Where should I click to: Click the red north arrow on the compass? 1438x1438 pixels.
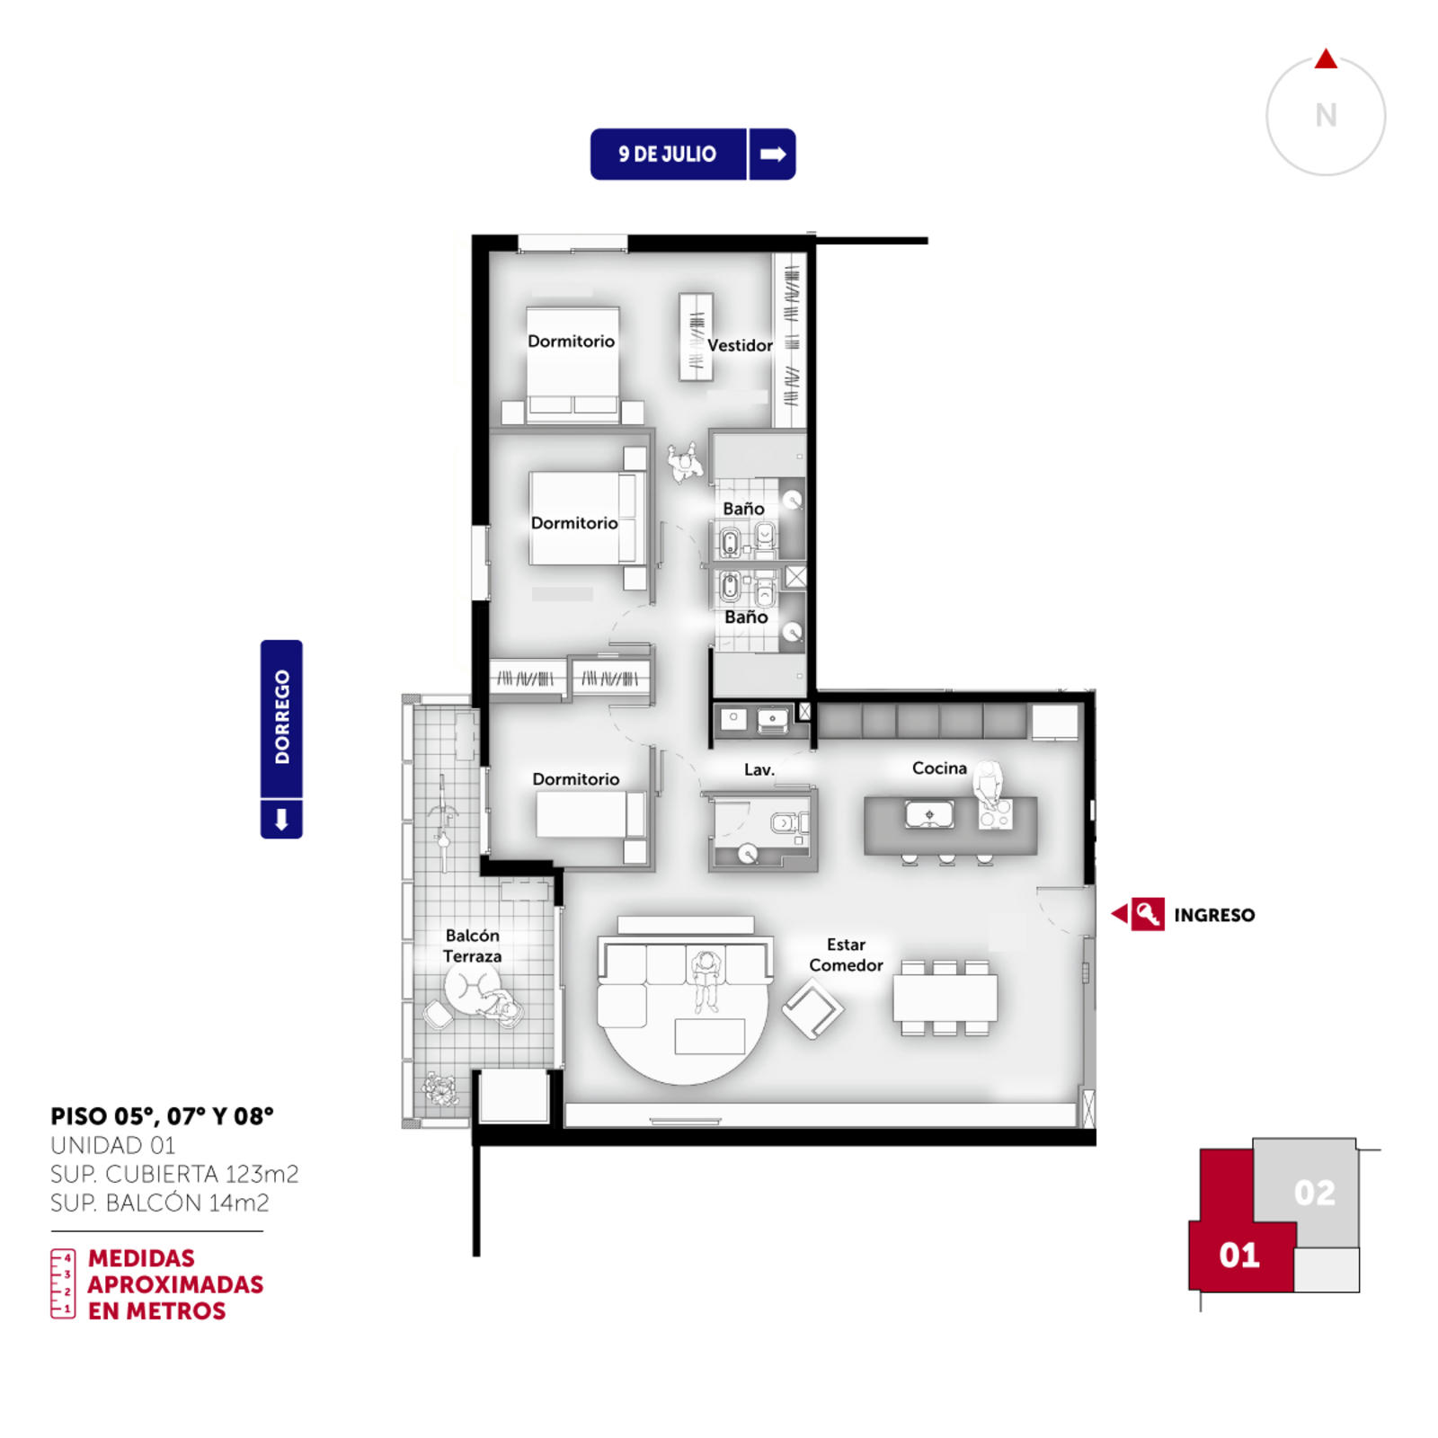pos(1326,59)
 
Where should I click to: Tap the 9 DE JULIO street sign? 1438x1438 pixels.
pos(693,154)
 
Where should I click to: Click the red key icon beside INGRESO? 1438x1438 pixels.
pos(1148,914)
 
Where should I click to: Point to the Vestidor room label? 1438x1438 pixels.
pos(740,345)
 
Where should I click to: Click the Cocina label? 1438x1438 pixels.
pos(939,768)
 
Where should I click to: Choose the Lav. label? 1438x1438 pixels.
pos(759,769)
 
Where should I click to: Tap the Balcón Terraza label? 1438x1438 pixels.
pos(472,945)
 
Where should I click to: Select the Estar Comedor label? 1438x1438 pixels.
pos(846,954)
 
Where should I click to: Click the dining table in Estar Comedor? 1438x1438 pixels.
pos(945,998)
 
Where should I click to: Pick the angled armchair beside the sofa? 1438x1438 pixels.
pos(812,1008)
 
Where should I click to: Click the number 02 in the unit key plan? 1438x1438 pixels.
pos(1314,1193)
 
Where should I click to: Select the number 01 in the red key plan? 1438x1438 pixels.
pos(1239,1255)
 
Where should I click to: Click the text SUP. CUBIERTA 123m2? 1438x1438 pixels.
pos(174,1174)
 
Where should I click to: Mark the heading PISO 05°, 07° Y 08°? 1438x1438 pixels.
pos(162,1116)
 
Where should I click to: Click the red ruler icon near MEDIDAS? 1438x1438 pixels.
pos(63,1283)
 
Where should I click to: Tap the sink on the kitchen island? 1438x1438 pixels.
pos(929,814)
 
